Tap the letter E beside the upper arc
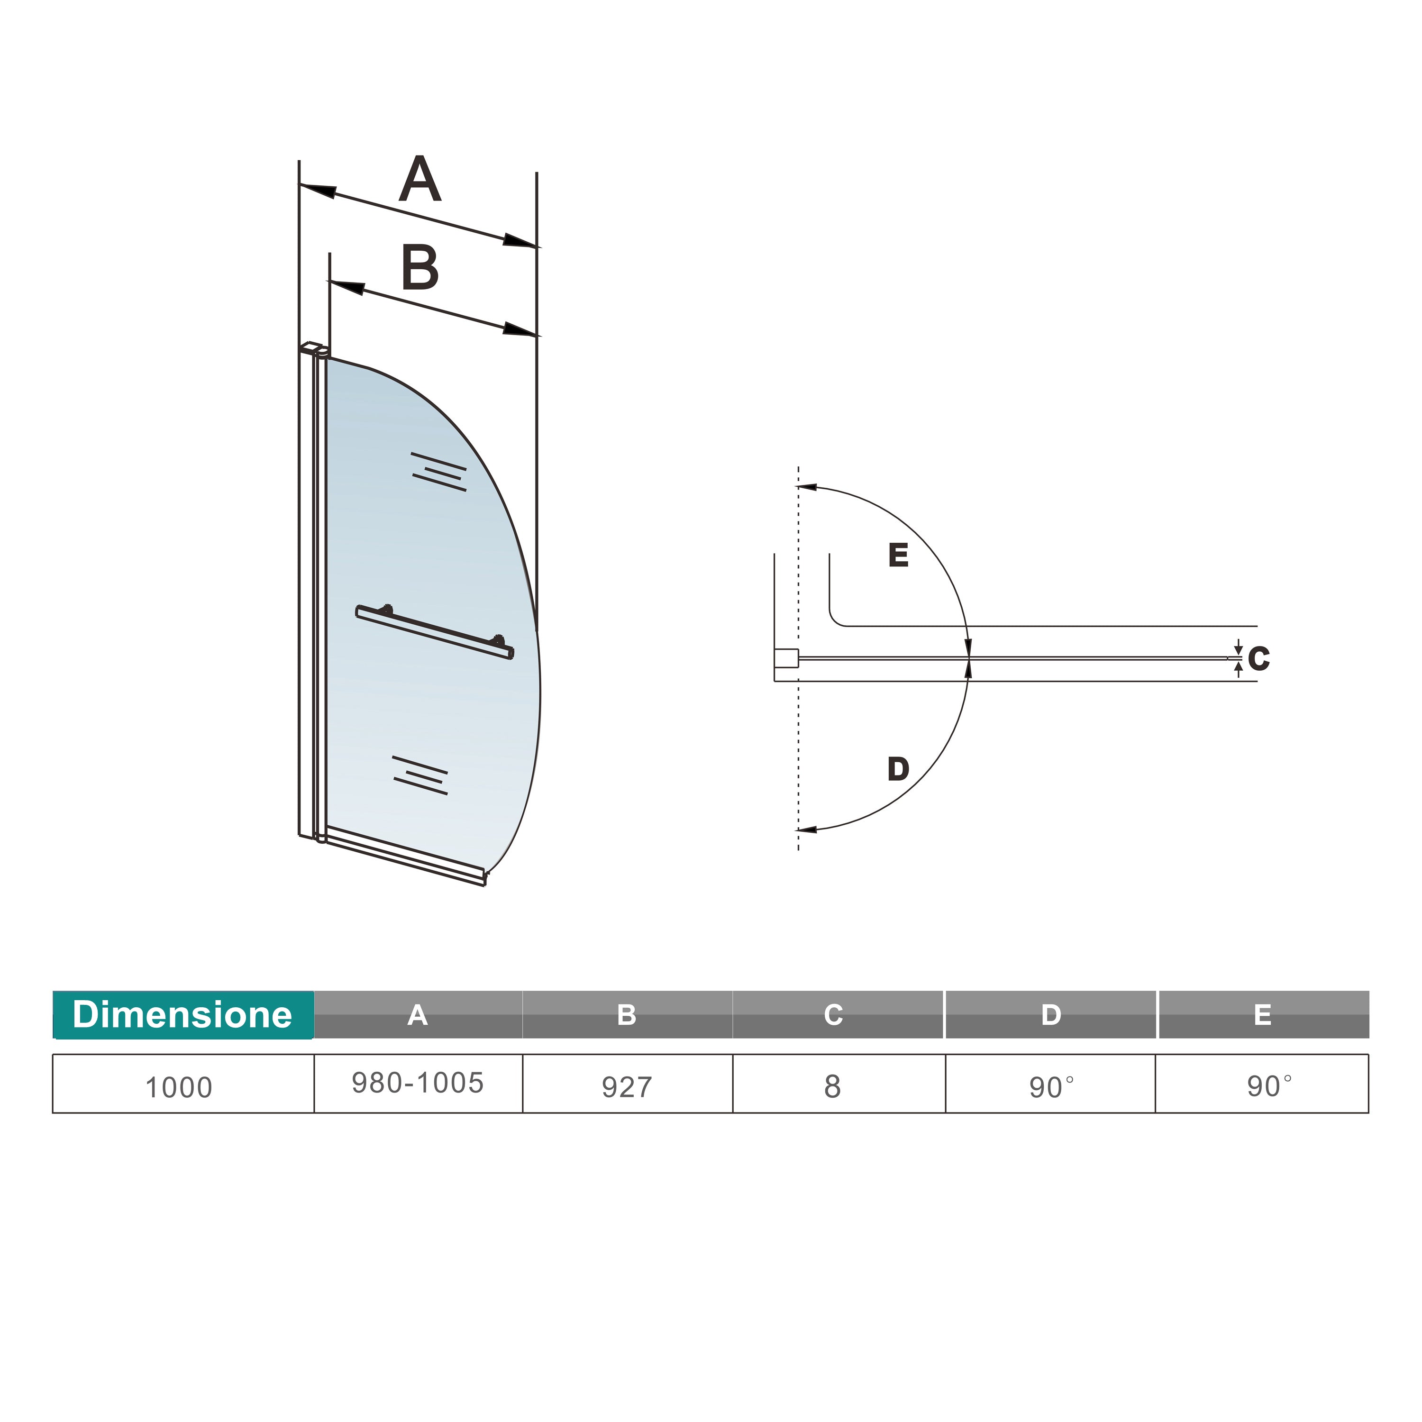898,555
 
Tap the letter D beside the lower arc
898,769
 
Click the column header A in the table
417,1015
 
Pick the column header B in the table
626,1015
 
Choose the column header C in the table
833,1015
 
